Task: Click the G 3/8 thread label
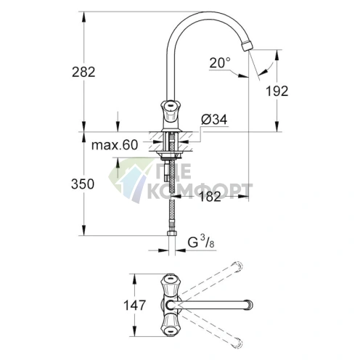click(x=197, y=242)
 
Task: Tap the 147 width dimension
click(x=131, y=307)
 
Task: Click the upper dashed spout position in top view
click(x=234, y=266)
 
